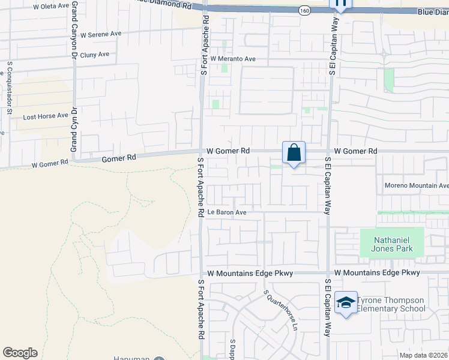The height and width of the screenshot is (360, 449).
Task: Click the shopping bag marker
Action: point(294,154)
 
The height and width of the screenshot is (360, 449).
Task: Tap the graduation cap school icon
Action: point(346,304)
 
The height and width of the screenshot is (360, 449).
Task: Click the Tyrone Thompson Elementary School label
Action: point(391,305)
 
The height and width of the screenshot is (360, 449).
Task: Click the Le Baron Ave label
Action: point(228,212)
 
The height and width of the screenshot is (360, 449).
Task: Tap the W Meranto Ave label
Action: point(233,59)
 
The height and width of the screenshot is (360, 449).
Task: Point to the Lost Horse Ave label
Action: point(46,116)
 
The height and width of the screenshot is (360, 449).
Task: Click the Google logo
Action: point(20,353)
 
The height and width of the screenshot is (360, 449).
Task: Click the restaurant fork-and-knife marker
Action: point(341,5)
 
